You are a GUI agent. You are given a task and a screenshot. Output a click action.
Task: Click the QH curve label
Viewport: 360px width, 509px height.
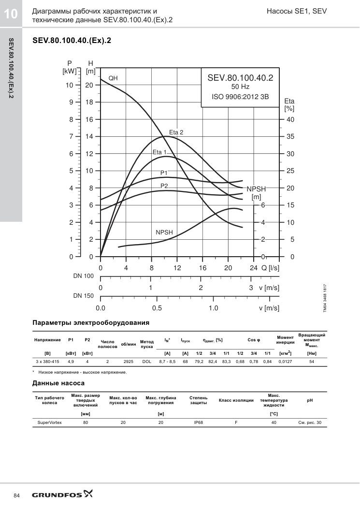pyautogui.click(x=113, y=78)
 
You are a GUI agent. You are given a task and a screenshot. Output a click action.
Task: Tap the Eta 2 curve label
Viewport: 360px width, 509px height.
pyautogui.click(x=176, y=132)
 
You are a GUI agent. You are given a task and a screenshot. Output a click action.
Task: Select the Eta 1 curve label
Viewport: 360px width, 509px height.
pyautogui.click(x=159, y=152)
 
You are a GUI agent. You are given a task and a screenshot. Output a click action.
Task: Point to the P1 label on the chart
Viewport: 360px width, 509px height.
pyautogui.click(x=164, y=173)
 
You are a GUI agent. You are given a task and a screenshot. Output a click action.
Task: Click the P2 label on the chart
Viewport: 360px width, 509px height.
pyautogui.click(x=164, y=186)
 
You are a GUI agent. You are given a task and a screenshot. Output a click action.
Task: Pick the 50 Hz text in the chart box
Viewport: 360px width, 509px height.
pyautogui.click(x=240, y=87)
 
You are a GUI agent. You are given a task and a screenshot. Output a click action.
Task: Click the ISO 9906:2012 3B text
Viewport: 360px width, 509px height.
pyautogui.click(x=240, y=97)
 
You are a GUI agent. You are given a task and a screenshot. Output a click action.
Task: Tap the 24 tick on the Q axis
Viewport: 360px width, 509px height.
pyautogui.click(x=254, y=268)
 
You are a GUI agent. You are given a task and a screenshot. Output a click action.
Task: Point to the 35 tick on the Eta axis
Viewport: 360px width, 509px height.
pyautogui.click(x=290, y=137)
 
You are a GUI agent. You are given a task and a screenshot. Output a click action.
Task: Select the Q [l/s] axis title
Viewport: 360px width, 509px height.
pyautogui.click(x=271, y=268)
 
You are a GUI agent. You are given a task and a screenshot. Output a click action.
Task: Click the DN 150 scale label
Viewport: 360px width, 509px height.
pyautogui.click(x=83, y=296)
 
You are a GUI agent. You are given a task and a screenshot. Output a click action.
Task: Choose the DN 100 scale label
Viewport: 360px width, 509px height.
pyautogui.click(x=83, y=276)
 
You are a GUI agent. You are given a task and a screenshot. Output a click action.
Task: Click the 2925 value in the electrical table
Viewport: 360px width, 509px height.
pyautogui.click(x=129, y=361)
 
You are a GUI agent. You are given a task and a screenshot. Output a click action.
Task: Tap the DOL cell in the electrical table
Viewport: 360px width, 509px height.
pyautogui.click(x=147, y=361)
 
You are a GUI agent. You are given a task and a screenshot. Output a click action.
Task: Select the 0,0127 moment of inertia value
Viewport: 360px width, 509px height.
pyautogui.click(x=285, y=361)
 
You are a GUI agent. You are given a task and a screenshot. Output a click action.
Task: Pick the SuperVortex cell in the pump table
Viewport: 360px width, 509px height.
pyautogui.click(x=50, y=422)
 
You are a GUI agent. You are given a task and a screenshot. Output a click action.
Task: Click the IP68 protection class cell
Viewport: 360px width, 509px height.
pyautogui.click(x=198, y=422)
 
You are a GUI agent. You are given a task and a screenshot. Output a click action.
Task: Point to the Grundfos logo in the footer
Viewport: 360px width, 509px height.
pyautogui.click(x=62, y=494)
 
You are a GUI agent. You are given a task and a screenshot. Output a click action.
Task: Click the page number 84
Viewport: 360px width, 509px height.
pyautogui.click(x=17, y=495)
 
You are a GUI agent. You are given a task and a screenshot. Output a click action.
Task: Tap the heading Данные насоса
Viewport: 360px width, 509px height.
pyautogui.click(x=58, y=383)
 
